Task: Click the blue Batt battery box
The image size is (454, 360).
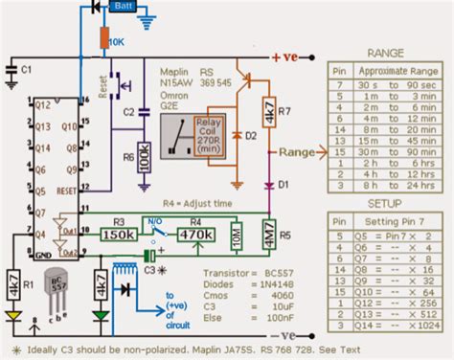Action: [122, 7]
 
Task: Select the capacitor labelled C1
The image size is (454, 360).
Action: [11, 70]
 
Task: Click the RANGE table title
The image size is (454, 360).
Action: [385, 55]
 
